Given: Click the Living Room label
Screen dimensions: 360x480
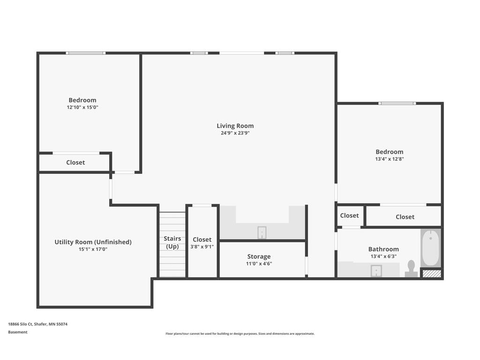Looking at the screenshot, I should click(235, 126).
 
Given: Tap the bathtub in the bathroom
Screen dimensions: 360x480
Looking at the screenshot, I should click(430, 247).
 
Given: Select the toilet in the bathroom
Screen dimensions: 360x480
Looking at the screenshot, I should click(411, 269).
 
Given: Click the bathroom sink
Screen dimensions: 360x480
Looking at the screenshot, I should click(376, 271).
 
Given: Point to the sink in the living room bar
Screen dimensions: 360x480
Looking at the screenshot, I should click(262, 232).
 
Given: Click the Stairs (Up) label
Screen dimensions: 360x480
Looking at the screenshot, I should click(172, 242).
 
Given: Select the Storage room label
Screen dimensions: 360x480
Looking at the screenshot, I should click(259, 256).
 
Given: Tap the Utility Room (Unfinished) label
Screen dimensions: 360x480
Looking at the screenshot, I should click(93, 242).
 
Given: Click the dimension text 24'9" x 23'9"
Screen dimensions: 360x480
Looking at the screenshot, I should click(235, 133).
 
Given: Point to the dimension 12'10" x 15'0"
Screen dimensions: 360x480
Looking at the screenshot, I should click(82, 107).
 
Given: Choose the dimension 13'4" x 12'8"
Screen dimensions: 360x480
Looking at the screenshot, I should click(389, 159).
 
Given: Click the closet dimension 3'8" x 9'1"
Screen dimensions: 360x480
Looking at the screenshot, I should click(202, 247).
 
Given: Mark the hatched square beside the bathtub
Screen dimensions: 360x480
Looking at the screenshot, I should click(432, 273).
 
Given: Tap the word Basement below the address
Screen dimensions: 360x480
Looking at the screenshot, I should click(18, 332).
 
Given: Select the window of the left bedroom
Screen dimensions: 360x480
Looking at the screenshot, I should click(85, 53).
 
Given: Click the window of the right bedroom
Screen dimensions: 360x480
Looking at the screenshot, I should click(397, 103).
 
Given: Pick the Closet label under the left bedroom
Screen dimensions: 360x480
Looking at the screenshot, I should click(75, 162).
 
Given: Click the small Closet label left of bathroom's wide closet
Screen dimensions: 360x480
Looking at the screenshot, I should click(349, 216).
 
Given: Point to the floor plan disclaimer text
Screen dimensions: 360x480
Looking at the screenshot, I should click(240, 334).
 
